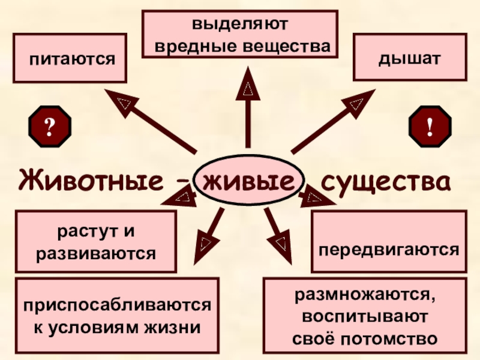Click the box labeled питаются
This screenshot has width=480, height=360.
pyautogui.click(x=70, y=58)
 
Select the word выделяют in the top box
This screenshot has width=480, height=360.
pyautogui.click(x=240, y=25)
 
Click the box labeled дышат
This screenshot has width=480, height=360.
pyautogui.click(x=410, y=58)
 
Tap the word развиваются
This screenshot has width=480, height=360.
pyautogui.click(x=97, y=253)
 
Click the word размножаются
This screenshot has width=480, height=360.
pyautogui.click(x=364, y=295)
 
